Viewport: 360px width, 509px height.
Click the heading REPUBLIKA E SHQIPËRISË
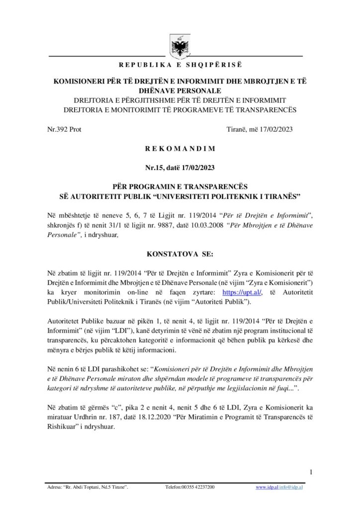pos(180,66)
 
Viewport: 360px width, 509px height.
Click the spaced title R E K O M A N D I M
pos(180,148)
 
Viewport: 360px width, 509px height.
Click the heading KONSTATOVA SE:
pos(180,254)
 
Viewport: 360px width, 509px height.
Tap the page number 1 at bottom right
pos(310,472)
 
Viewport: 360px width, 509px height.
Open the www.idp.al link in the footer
pos(266,488)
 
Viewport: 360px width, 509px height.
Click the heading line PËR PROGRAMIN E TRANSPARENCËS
pos(180,187)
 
